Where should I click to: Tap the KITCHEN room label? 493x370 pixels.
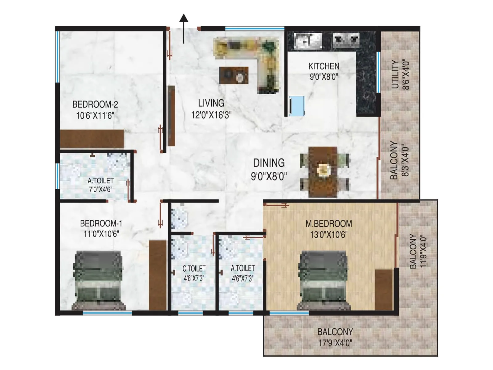(x=324, y=66)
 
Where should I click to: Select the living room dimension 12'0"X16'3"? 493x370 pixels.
(x=211, y=115)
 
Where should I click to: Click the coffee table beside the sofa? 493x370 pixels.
(x=234, y=75)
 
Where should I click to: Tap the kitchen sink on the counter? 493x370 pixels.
(x=308, y=41)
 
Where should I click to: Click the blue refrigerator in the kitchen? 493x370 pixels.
(x=297, y=106)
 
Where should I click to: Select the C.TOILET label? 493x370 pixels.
(x=194, y=269)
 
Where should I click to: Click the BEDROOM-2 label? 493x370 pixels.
(x=95, y=105)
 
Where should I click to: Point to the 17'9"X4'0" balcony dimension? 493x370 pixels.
(x=335, y=343)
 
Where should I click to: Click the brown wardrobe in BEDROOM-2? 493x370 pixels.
(x=92, y=139)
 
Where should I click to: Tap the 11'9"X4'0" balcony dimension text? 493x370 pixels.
(x=423, y=251)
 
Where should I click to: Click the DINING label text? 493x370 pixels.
(x=269, y=163)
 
